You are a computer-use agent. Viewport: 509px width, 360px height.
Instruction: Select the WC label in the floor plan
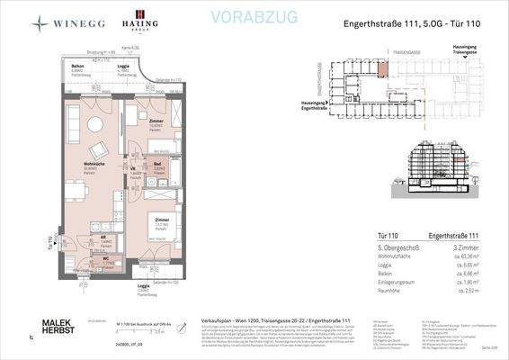[104, 258]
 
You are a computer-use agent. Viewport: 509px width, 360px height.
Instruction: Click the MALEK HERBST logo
[62, 327]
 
